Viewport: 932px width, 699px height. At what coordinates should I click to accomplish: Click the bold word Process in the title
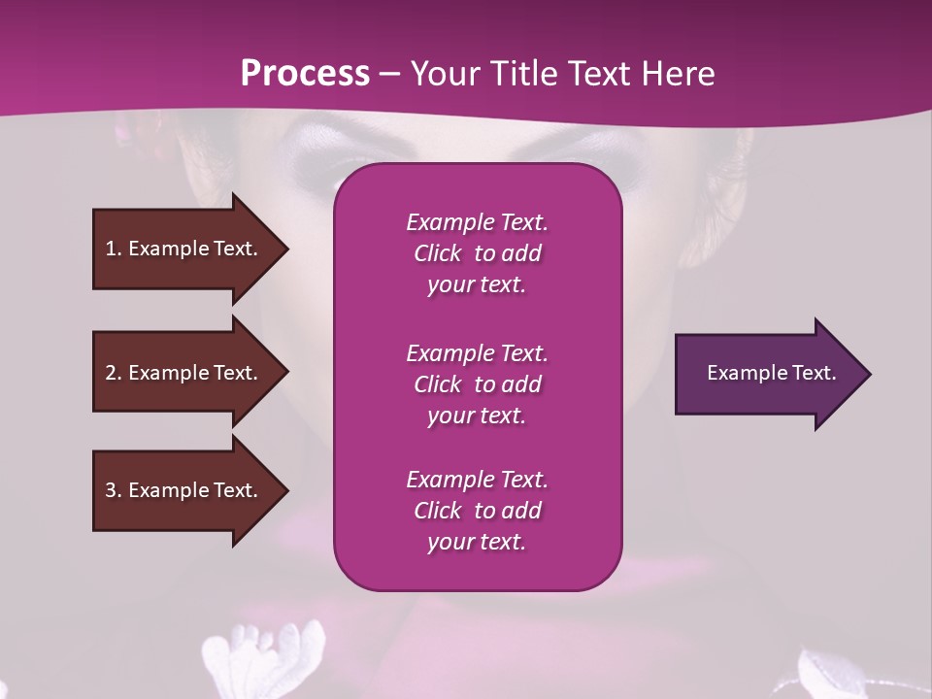coord(305,74)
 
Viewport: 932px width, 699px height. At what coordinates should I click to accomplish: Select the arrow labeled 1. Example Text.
coord(184,249)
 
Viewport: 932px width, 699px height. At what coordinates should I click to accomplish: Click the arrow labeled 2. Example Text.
coord(184,373)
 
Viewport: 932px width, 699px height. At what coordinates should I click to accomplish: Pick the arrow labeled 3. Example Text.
coord(184,490)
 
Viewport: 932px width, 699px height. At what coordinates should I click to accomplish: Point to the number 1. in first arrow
coord(114,249)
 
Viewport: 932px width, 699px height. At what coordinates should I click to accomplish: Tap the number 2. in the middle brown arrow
coord(114,373)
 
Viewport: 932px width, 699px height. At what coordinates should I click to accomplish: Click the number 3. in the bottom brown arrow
coord(114,490)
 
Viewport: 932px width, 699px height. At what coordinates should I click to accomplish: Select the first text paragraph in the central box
coord(477,253)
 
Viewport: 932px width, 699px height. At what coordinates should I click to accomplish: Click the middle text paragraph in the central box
coord(477,383)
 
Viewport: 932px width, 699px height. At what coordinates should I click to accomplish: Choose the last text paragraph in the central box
coord(477,511)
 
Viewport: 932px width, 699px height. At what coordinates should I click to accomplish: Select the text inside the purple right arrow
coord(771,373)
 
